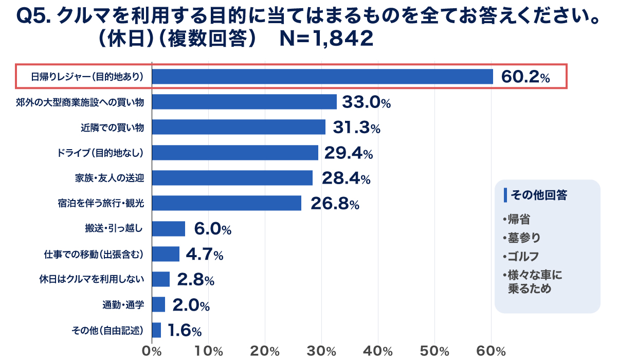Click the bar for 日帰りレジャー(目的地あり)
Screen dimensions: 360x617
pos(322,77)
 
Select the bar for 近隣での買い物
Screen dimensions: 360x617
pos(239,127)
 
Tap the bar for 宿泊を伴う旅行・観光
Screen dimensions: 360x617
pos(227,203)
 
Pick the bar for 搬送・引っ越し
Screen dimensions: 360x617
pos(169,228)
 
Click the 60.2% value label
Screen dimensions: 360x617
pos(525,77)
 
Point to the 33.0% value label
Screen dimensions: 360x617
pos(366,102)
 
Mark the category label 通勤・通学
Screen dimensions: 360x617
pos(123,305)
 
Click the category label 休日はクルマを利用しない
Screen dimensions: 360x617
pos(91,280)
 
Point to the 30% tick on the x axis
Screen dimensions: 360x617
pos(322,351)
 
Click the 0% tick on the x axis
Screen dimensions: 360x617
pos(152,351)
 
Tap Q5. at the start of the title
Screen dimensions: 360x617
pos(33,17)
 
